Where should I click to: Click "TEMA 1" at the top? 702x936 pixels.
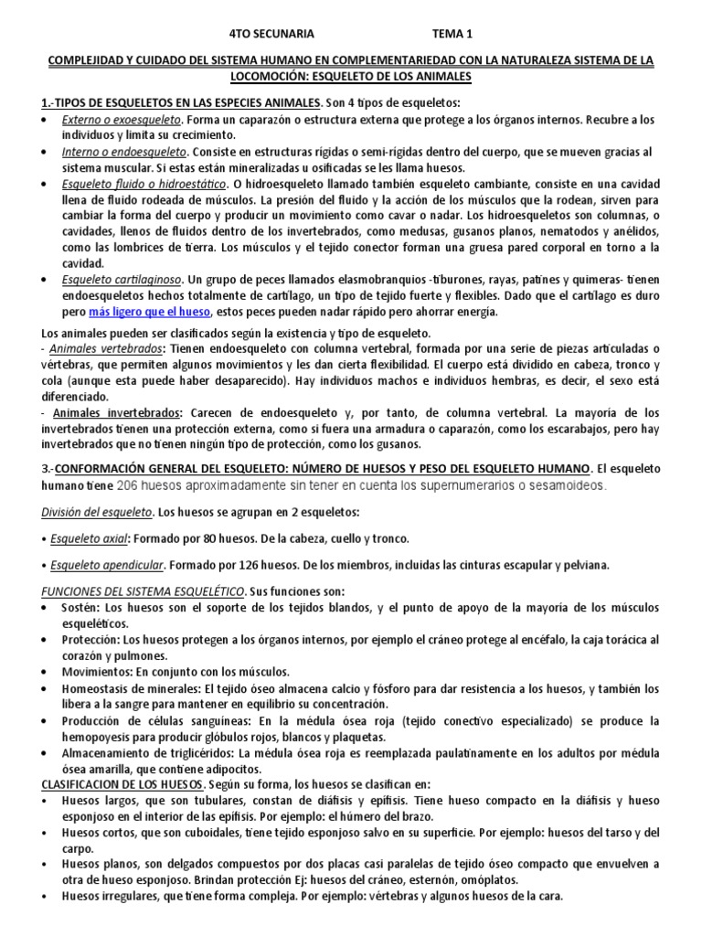pos(450,35)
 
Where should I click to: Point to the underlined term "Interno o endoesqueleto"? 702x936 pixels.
pos(122,152)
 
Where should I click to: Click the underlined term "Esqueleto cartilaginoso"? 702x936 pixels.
pos(122,279)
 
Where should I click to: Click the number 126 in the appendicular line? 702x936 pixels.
pos(263,566)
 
